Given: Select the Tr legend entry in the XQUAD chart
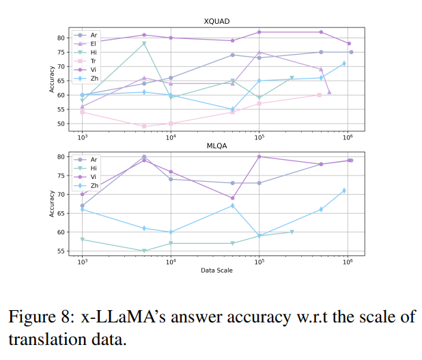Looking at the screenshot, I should (x=94, y=61).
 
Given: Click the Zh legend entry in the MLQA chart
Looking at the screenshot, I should (x=94, y=185).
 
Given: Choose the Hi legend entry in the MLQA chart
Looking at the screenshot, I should (x=94, y=167).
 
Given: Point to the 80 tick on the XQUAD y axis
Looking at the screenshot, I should (x=61, y=38).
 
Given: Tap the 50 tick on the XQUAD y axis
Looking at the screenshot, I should (x=61, y=124).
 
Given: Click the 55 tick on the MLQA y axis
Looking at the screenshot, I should (x=61, y=251).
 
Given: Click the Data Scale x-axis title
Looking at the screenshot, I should (x=216, y=271).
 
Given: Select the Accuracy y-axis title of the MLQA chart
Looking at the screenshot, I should (x=52, y=203).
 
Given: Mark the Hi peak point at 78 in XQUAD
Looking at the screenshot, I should (x=144, y=43).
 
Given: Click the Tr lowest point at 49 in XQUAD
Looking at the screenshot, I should (x=144, y=126).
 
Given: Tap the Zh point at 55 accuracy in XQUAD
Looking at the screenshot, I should (x=232, y=109).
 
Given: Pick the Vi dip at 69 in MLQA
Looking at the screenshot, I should (x=232, y=198).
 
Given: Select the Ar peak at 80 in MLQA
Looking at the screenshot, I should (x=144, y=156).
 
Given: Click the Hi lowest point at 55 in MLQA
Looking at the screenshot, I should (x=144, y=251).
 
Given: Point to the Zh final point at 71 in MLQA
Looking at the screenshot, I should (x=344, y=191).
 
